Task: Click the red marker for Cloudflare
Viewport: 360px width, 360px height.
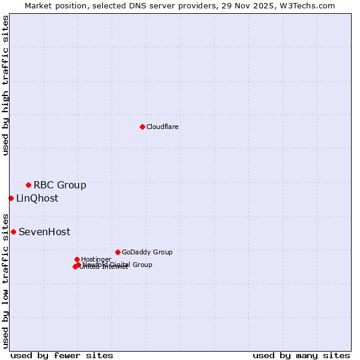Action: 142,127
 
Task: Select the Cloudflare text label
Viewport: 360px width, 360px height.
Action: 162,127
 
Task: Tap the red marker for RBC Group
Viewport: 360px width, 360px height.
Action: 28,185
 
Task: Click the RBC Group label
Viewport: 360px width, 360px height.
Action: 59,185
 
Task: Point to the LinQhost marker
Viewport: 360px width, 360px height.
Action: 11,198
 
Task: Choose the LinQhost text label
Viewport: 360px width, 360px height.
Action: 37,198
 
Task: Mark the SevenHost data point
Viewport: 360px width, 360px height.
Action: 13,232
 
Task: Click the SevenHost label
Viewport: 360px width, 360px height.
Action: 44,232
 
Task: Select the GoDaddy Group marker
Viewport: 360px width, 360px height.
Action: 118,252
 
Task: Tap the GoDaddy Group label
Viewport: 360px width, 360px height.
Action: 147,252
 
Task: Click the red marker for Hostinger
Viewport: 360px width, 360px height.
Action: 77,259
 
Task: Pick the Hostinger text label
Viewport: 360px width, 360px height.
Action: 96,259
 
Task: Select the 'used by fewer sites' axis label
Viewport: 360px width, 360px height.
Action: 62,355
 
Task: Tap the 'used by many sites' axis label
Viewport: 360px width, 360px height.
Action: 301,355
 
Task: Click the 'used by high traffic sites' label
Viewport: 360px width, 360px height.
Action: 5,85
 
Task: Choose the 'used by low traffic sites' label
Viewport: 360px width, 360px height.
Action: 5,281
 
